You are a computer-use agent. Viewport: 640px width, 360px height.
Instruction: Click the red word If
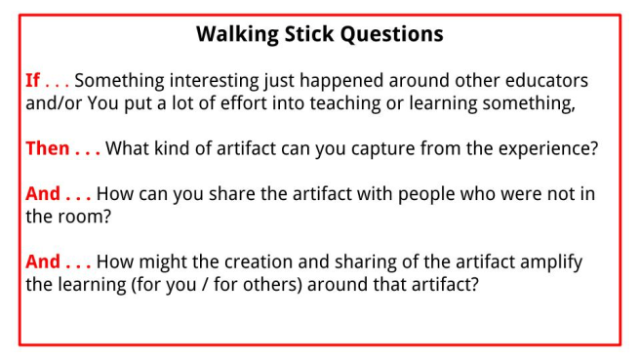[32, 81]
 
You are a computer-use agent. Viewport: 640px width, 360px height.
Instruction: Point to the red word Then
[47, 149]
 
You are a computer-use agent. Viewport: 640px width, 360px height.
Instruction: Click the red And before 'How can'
[43, 194]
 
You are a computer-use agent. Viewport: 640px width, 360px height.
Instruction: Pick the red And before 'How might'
[43, 262]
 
